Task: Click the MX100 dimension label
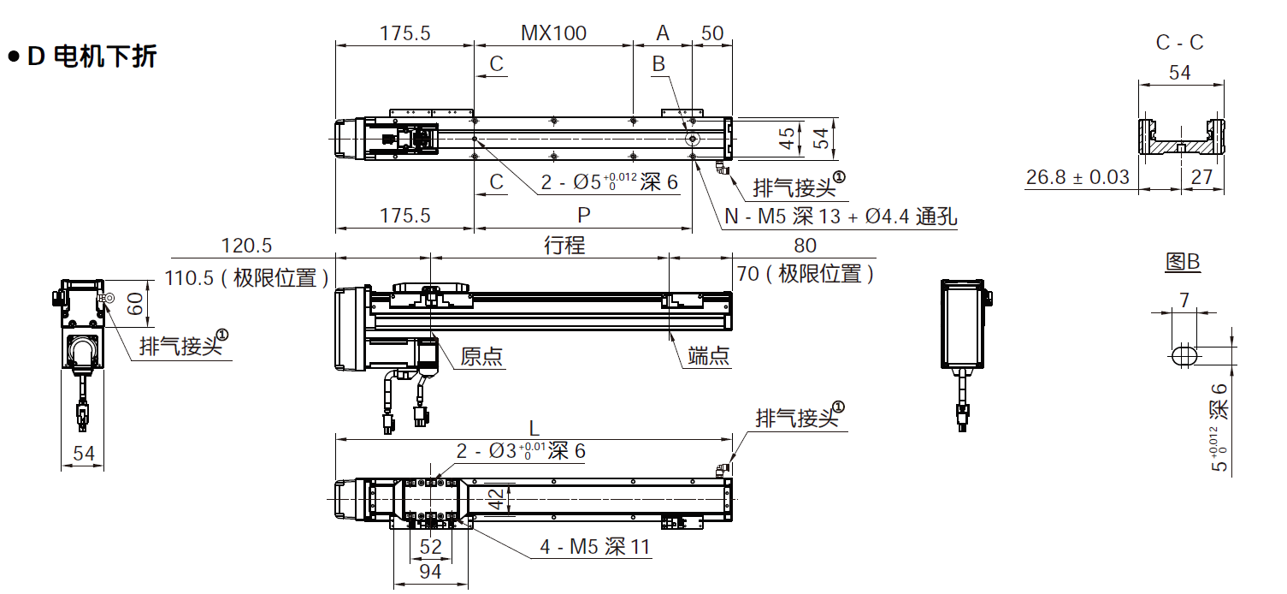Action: coord(553,33)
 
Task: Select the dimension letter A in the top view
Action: coord(663,33)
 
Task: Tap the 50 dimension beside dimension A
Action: coord(712,33)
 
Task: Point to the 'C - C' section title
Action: coord(1179,43)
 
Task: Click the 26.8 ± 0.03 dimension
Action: coord(1077,177)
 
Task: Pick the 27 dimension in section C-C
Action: coord(1201,177)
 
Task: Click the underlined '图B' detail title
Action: coord(1183,263)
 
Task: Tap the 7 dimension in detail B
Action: coord(1184,300)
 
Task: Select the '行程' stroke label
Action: coord(564,246)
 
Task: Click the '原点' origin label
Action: coord(481,356)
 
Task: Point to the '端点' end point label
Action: coord(709,356)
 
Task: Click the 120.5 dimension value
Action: coord(246,246)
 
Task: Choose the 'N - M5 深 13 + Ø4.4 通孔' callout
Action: coord(841,217)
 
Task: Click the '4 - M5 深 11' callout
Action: coord(595,547)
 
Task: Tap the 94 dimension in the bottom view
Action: coord(430,572)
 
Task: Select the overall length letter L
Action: coord(534,427)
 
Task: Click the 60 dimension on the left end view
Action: coord(136,304)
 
